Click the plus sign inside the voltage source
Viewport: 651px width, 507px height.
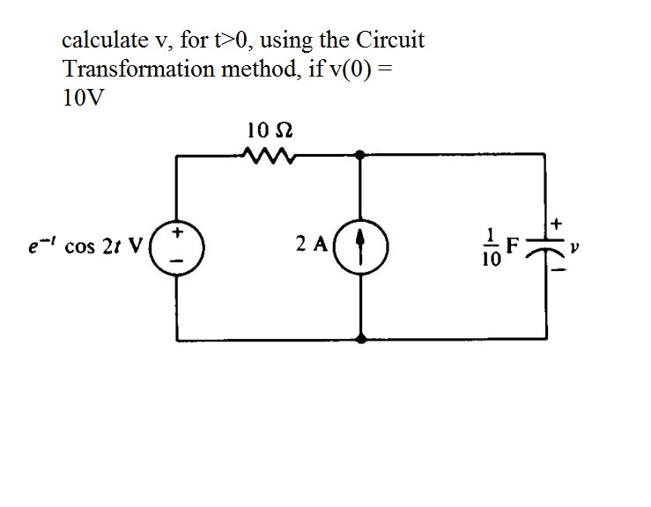click(x=178, y=234)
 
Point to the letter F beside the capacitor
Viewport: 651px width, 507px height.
click(x=510, y=246)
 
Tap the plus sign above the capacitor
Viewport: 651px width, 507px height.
click(x=557, y=226)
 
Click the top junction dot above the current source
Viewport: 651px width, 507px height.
click(x=360, y=155)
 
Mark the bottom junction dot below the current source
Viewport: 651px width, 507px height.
click(x=360, y=338)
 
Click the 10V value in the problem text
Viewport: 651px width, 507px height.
click(x=83, y=97)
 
